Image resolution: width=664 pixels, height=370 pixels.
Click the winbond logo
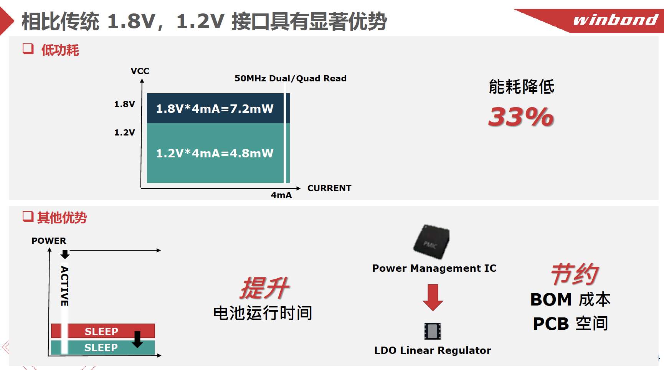click(x=615, y=20)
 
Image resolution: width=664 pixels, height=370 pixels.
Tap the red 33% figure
click(x=521, y=117)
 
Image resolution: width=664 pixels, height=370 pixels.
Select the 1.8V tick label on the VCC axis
click(x=124, y=104)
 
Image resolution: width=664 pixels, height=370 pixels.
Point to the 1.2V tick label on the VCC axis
click(x=124, y=132)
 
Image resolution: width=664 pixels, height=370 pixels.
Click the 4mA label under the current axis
click(x=281, y=195)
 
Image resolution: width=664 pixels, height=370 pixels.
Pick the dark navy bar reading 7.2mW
click(x=218, y=108)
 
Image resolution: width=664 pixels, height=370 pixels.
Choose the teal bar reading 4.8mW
click(x=218, y=153)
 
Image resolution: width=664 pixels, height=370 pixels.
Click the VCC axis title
click(x=140, y=71)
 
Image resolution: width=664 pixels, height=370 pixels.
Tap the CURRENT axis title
click(x=329, y=188)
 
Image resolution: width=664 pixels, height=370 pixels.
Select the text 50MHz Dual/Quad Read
click(x=291, y=78)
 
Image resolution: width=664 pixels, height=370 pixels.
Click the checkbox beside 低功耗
click(x=28, y=49)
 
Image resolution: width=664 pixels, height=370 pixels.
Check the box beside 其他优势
click(x=28, y=216)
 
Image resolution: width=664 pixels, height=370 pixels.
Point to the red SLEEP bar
click(x=103, y=331)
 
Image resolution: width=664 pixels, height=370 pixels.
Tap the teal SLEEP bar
click(x=103, y=347)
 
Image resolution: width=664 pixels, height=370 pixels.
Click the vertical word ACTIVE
click(x=64, y=286)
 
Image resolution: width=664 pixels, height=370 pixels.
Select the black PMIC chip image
click(x=432, y=242)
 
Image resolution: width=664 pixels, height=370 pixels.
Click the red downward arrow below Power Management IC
click(x=433, y=297)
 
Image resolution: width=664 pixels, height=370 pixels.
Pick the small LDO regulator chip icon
click(x=433, y=331)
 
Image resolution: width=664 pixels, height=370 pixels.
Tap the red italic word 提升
click(x=265, y=288)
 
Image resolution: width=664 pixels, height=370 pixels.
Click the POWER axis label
click(x=49, y=241)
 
